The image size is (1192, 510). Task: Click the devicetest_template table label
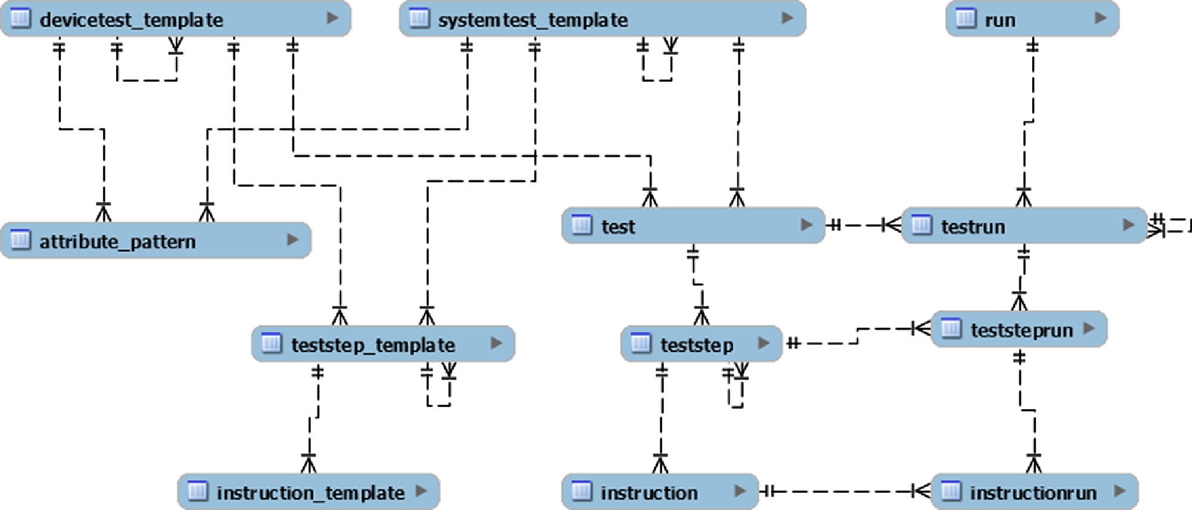click(x=131, y=20)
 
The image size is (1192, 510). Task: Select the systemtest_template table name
click(x=532, y=20)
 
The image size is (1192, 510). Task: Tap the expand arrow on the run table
click(x=1101, y=18)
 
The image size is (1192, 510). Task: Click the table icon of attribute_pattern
click(x=21, y=240)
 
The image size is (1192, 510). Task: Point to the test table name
click(x=618, y=227)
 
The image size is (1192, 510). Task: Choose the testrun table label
click(x=973, y=227)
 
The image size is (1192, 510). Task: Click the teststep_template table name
click(x=373, y=345)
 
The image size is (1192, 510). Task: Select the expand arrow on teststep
click(x=763, y=343)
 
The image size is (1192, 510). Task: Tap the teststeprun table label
click(x=1021, y=330)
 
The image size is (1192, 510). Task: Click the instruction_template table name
click(x=310, y=493)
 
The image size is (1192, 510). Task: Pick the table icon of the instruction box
click(x=581, y=491)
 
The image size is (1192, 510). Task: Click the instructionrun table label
click(x=1033, y=493)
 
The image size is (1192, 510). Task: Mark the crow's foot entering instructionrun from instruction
click(x=922, y=491)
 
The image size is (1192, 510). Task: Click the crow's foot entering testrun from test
click(x=892, y=225)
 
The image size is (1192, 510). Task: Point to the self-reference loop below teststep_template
click(x=438, y=397)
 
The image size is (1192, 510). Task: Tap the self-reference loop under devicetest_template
click(x=147, y=72)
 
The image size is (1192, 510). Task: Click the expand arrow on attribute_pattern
click(x=292, y=240)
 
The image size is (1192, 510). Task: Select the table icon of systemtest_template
click(x=419, y=18)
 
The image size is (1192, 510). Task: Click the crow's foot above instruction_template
click(x=308, y=463)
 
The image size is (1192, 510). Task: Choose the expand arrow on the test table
click(x=806, y=225)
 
